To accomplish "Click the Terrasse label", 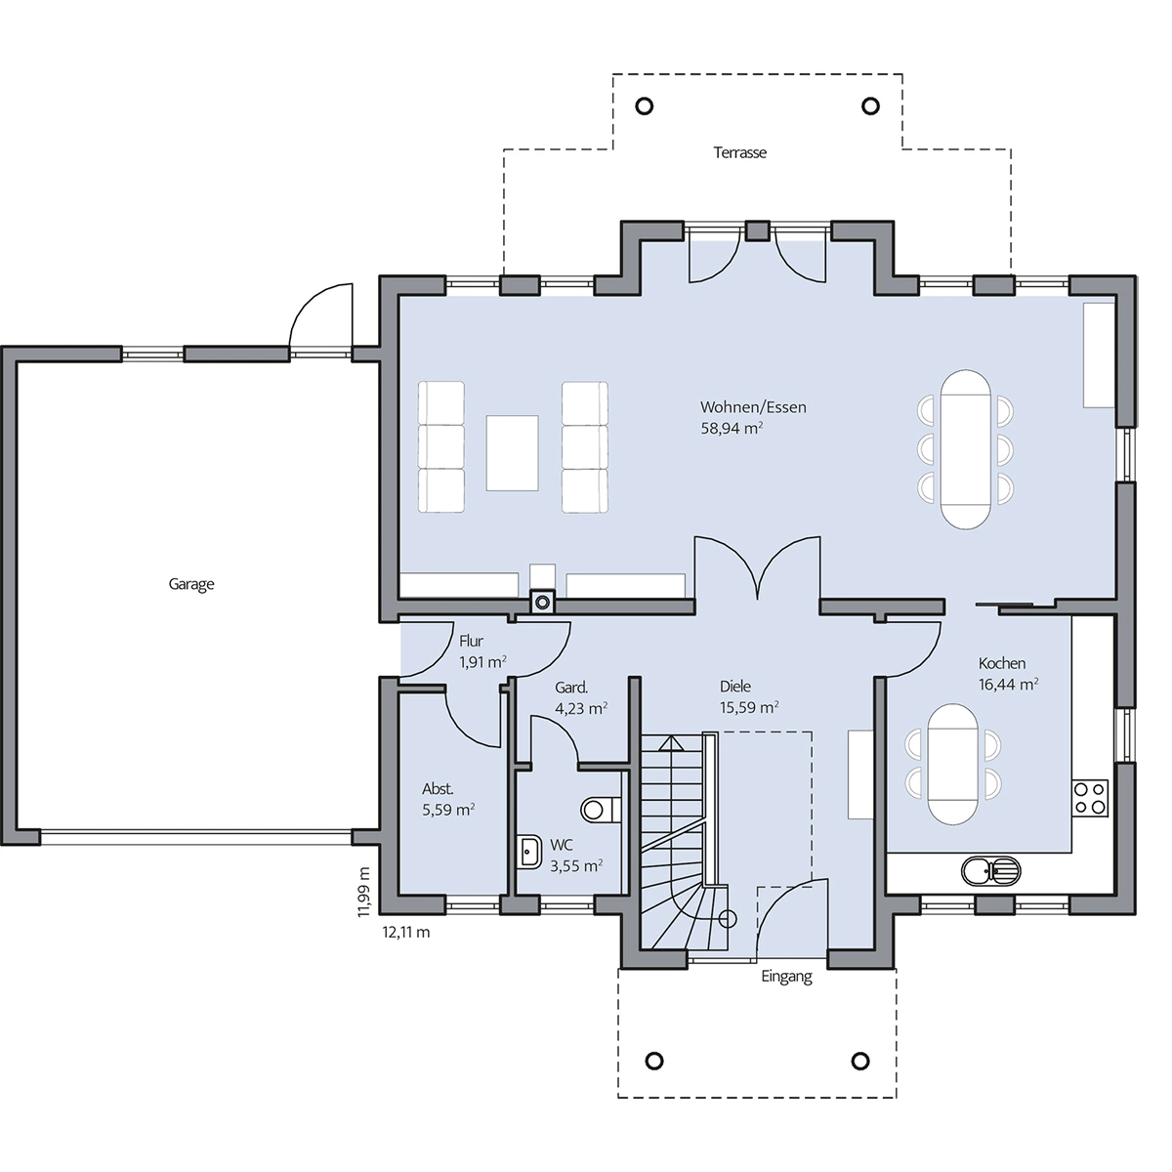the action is pyautogui.click(x=739, y=152).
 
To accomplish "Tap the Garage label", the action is pyautogui.click(x=191, y=584).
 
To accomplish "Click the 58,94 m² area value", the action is pyautogui.click(x=732, y=428).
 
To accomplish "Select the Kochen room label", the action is pyautogui.click(x=1002, y=663).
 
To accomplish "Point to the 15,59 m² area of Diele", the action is pyautogui.click(x=749, y=707).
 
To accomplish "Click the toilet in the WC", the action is pyautogui.click(x=601, y=810).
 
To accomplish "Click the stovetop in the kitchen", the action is pyautogui.click(x=1090, y=798).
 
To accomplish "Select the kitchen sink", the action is pyautogui.click(x=990, y=870).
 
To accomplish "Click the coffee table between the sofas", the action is pyautogui.click(x=512, y=453).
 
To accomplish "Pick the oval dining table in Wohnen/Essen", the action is pyautogui.click(x=965, y=449).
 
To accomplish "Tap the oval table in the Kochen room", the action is pyautogui.click(x=953, y=765).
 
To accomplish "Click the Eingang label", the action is pyautogui.click(x=786, y=977).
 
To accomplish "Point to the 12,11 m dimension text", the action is pyautogui.click(x=405, y=933).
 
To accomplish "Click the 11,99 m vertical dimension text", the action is pyautogui.click(x=363, y=893).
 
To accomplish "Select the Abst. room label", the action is pyautogui.click(x=438, y=789).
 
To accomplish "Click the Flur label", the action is pyautogui.click(x=471, y=641).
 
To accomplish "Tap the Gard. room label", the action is pyautogui.click(x=571, y=688).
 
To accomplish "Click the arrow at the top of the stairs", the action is pyautogui.click(x=671, y=742).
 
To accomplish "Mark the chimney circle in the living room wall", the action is pyautogui.click(x=542, y=603).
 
